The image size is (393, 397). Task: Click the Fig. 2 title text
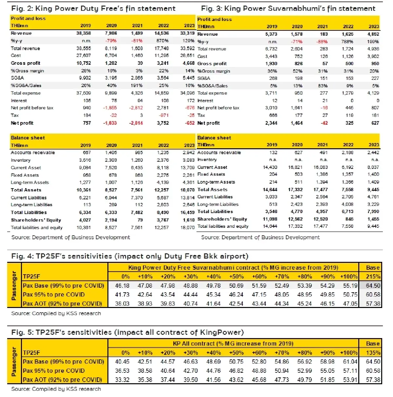[x=93, y=9]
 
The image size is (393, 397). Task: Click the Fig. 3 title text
[x=288, y=9]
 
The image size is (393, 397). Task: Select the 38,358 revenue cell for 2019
[x=84, y=33]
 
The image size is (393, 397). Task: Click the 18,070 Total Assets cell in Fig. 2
[x=188, y=190]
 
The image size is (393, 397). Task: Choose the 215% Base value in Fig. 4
[x=373, y=277]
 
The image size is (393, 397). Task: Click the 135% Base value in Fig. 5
[x=373, y=352]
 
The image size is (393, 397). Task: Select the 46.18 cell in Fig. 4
[x=122, y=286]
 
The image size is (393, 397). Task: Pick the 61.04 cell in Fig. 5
[x=350, y=362]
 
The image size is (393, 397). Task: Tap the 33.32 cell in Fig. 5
[x=122, y=380]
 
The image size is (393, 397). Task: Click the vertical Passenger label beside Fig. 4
[x=14, y=285]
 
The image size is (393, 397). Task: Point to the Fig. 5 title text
[x=127, y=333]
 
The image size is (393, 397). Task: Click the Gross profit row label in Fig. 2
[x=26, y=63]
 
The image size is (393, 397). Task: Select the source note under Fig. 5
[x=56, y=389]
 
